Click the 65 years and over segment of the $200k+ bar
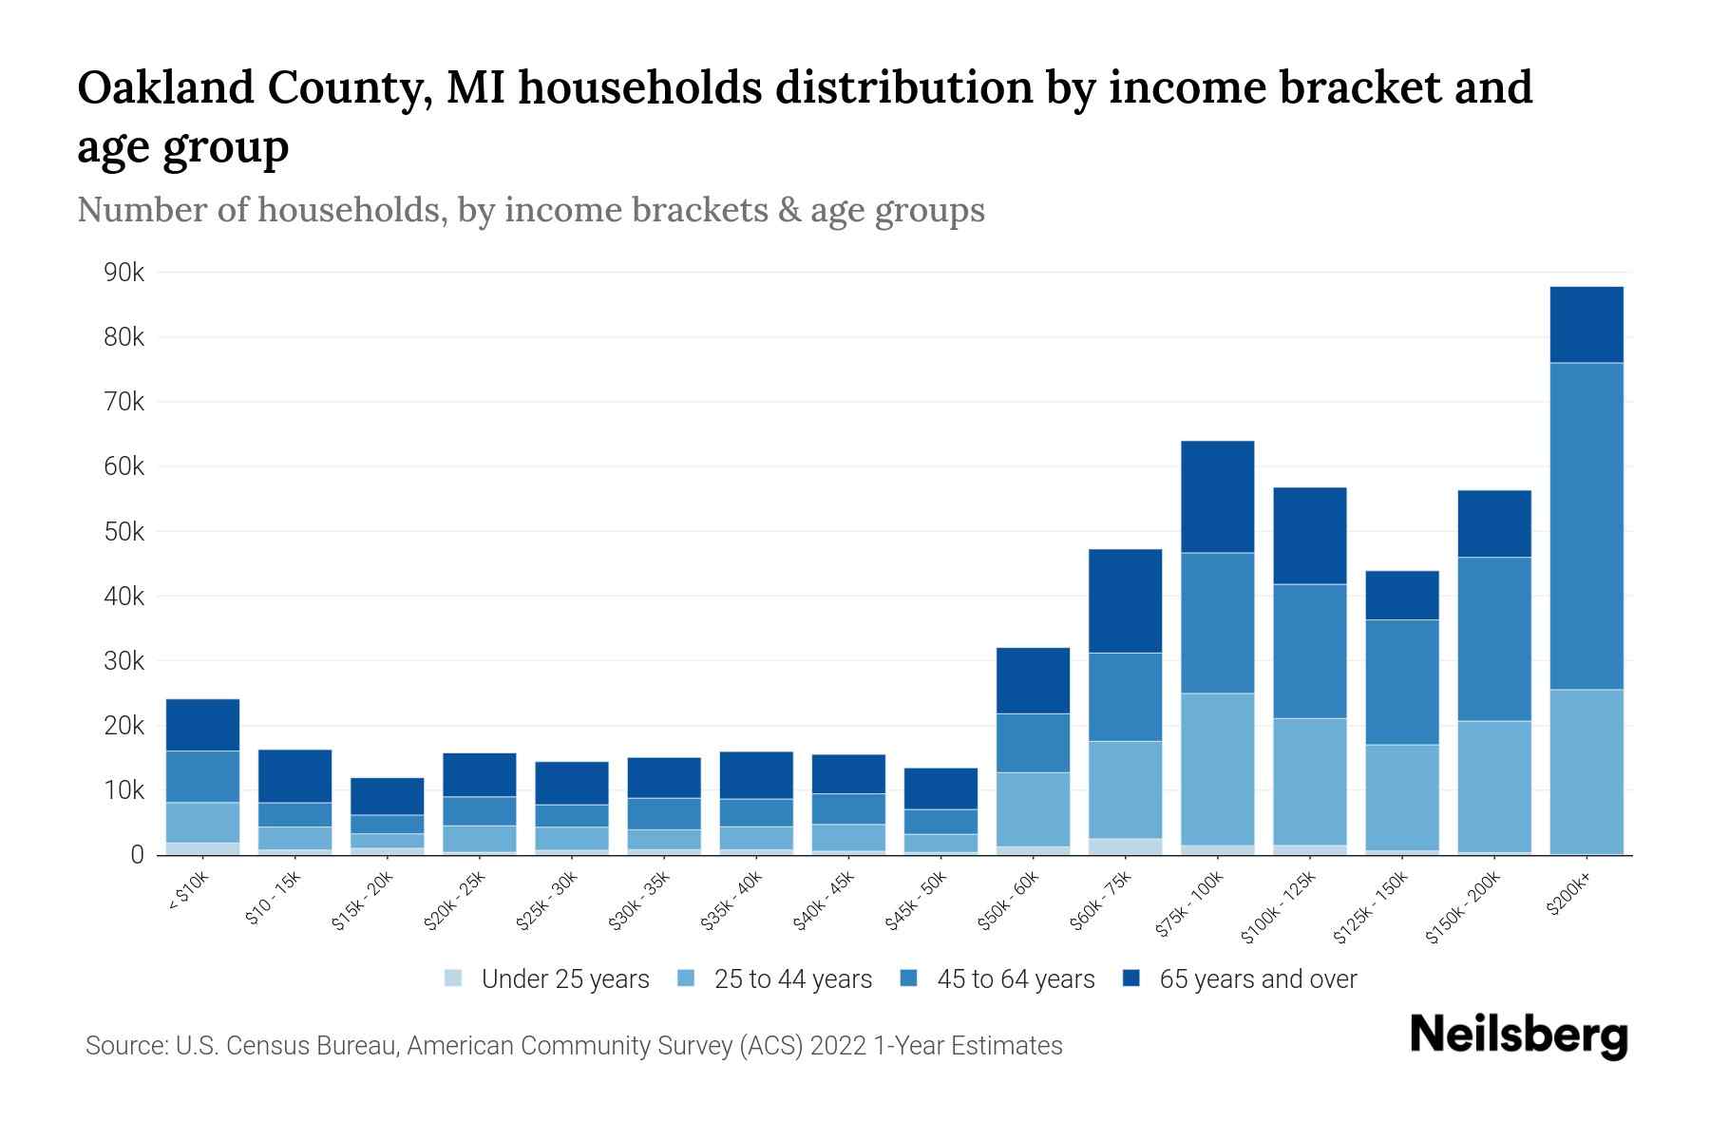point(1586,324)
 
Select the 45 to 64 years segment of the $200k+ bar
point(1586,525)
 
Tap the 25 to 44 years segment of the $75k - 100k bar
point(1217,769)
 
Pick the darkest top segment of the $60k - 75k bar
point(1125,600)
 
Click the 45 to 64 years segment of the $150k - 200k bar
point(1494,638)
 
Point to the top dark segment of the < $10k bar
point(202,725)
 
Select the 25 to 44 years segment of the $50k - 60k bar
point(1033,808)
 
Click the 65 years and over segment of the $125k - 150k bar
point(1402,595)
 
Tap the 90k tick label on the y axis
point(123,273)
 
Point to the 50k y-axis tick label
point(123,532)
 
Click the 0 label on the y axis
point(137,855)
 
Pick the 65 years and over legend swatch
point(1132,978)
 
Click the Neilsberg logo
point(1518,1035)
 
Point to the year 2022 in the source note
point(839,1046)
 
